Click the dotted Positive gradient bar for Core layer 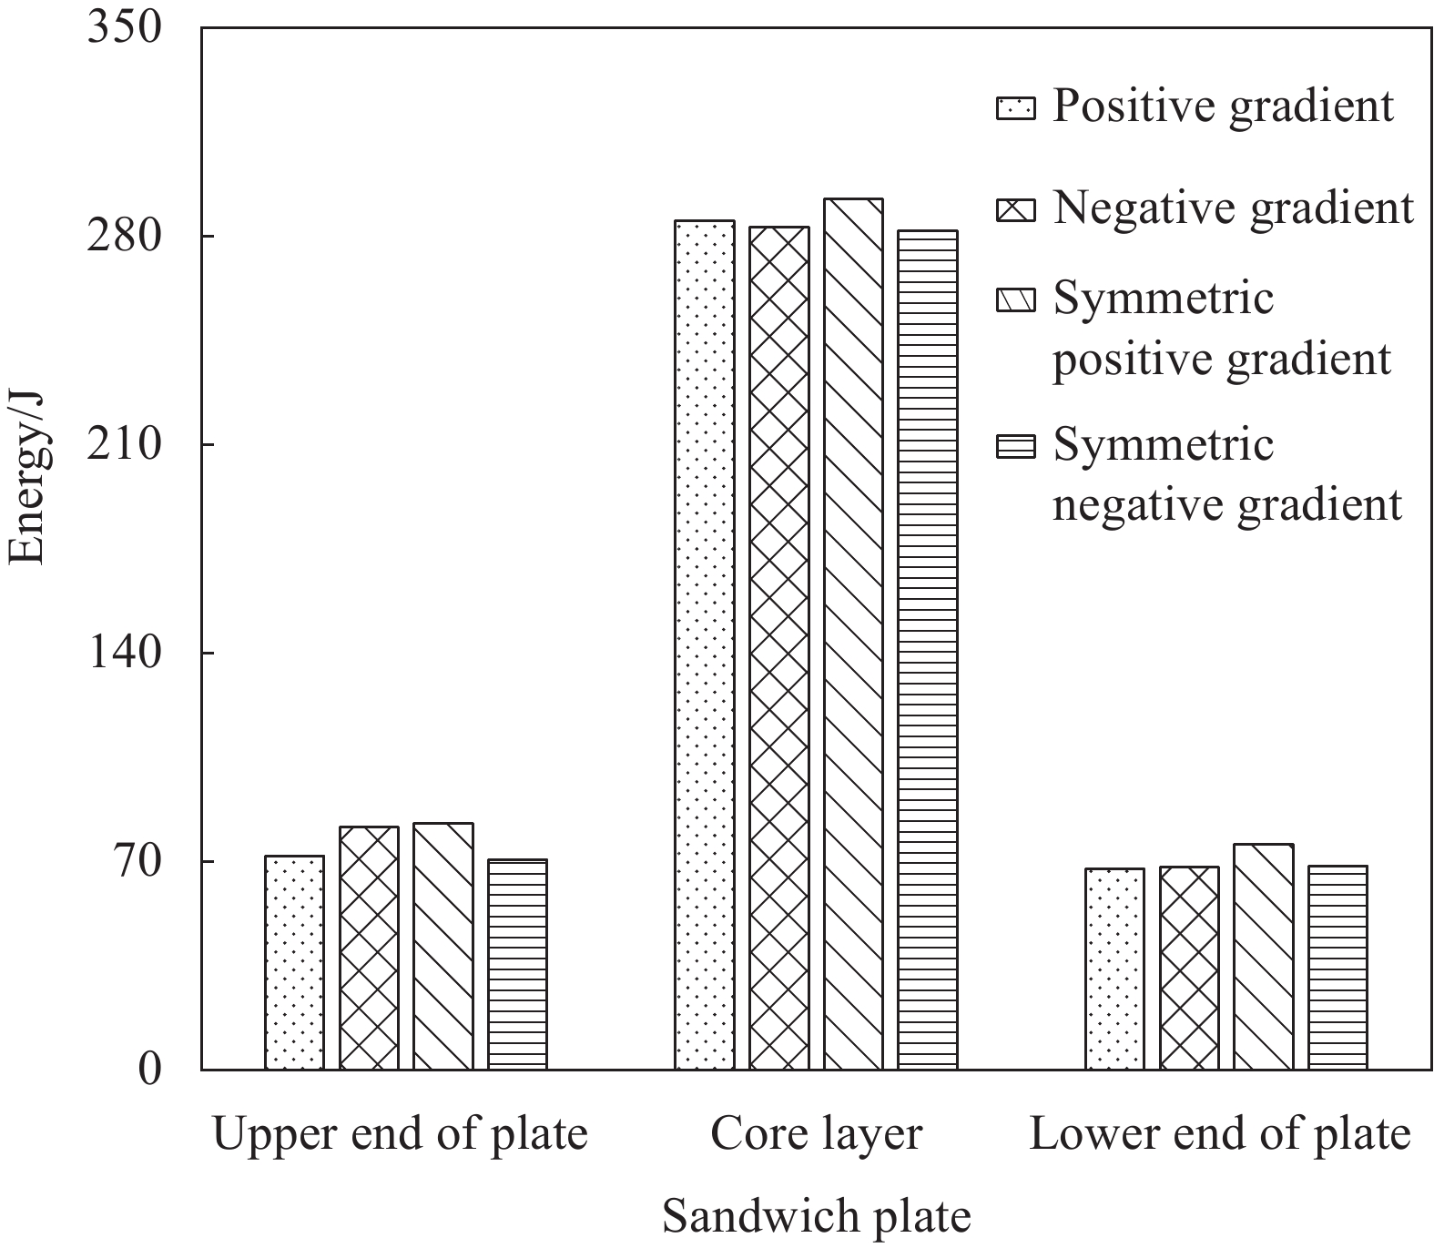tap(705, 644)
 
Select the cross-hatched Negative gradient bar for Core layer tap(779, 647)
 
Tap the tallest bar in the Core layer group tap(853, 634)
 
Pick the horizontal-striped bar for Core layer tap(928, 650)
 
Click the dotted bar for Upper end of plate tap(294, 962)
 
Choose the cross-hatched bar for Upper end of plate tap(369, 948)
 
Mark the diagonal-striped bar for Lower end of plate tap(1264, 957)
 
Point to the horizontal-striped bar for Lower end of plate tap(1337, 967)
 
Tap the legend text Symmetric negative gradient tap(1226, 474)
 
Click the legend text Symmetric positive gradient tap(1222, 328)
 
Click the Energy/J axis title tap(26, 478)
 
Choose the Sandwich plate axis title tap(816, 1217)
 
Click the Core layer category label tap(816, 1134)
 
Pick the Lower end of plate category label tap(1219, 1134)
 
